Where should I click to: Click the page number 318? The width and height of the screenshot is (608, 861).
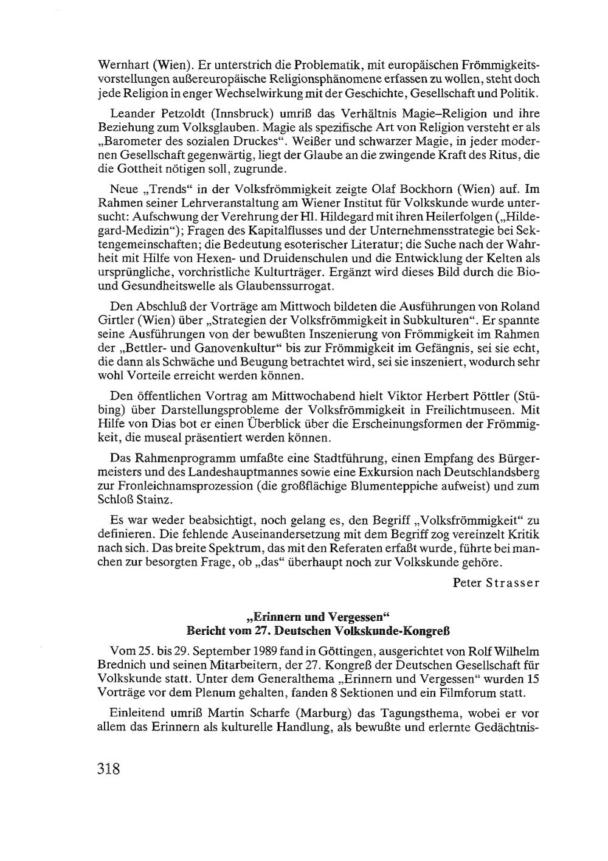click(110, 769)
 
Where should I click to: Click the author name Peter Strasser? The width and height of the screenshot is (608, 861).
click(496, 583)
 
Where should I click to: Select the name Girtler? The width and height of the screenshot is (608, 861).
click(115, 319)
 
